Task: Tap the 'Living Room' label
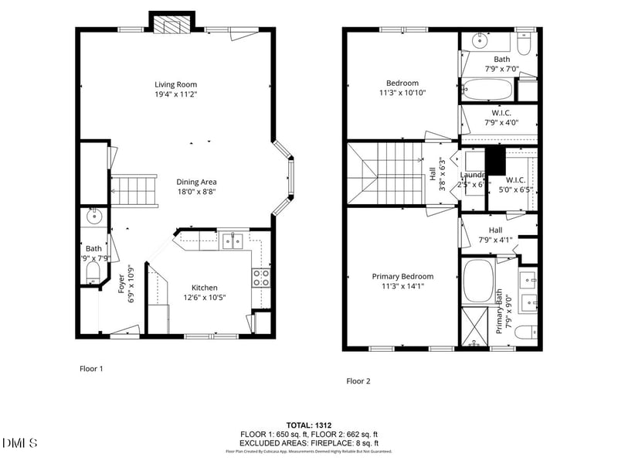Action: pos(175,84)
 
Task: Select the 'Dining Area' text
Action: pos(196,181)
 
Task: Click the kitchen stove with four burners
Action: pos(261,278)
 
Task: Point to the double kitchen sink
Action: pos(232,241)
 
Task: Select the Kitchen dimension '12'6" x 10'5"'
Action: pos(205,298)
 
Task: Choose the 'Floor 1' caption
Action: pos(91,369)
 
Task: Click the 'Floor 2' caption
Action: pos(358,380)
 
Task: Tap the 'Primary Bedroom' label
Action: pos(402,276)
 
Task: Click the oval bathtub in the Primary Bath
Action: pos(479,280)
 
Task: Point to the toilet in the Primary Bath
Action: pos(524,333)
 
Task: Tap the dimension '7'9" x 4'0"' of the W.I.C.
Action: pos(501,122)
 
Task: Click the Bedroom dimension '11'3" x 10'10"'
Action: pos(402,93)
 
